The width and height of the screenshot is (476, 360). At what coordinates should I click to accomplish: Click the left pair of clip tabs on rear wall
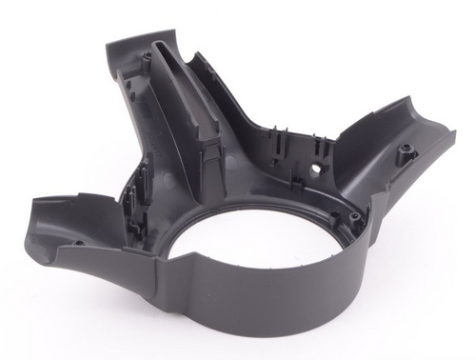277,143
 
